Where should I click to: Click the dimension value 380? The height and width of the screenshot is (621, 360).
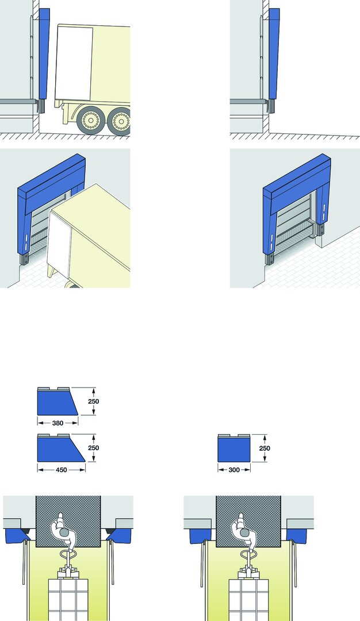point(58,423)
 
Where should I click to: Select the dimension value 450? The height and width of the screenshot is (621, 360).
point(62,470)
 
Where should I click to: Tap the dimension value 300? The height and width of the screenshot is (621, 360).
point(234,470)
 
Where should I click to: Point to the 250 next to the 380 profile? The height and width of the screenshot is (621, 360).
point(94,401)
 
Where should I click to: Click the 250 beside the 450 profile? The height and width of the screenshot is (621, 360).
point(94,448)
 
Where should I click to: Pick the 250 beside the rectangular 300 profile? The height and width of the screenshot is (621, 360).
point(265,448)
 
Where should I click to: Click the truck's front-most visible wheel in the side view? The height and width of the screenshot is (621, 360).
point(91,120)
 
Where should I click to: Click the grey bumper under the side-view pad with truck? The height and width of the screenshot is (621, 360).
point(42,106)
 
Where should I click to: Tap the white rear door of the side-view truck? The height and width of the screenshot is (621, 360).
point(74,63)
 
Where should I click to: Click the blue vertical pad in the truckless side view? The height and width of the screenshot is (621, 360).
point(274,53)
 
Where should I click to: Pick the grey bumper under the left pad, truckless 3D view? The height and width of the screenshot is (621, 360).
point(270,259)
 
